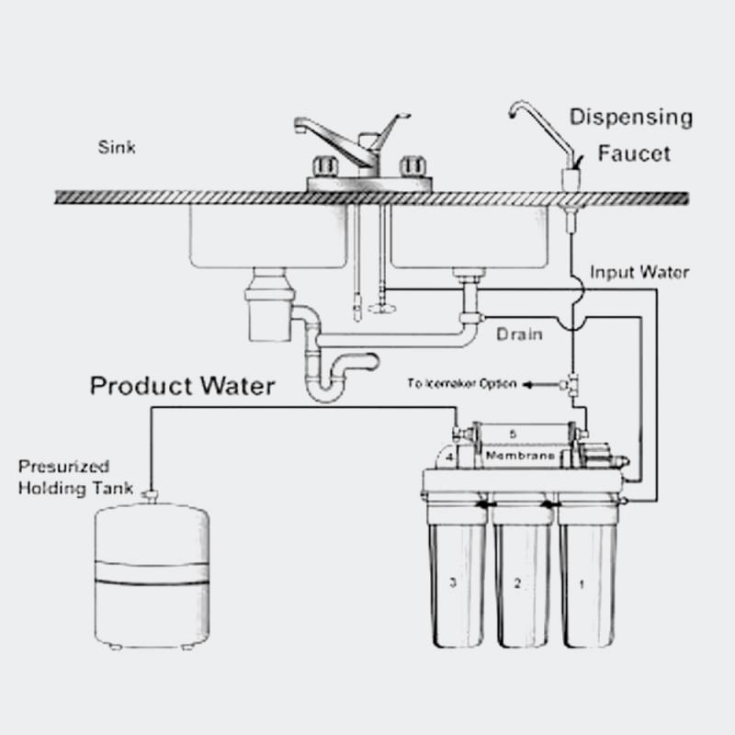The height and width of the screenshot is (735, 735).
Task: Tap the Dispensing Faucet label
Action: (630, 135)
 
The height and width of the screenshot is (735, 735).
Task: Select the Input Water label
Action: (639, 272)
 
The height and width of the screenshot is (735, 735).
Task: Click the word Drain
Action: (518, 335)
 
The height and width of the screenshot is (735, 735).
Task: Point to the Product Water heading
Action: (182, 386)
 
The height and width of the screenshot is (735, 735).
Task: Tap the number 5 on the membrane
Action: (514, 433)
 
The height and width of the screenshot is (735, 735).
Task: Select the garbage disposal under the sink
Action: (267, 309)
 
